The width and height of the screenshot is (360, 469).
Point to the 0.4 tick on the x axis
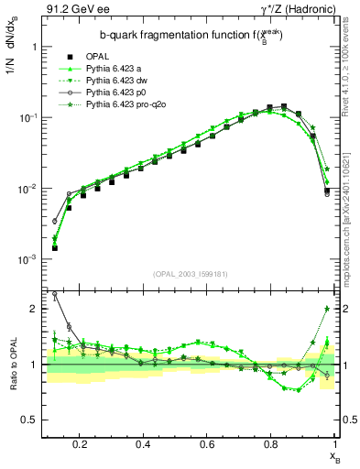pos(143,443)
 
